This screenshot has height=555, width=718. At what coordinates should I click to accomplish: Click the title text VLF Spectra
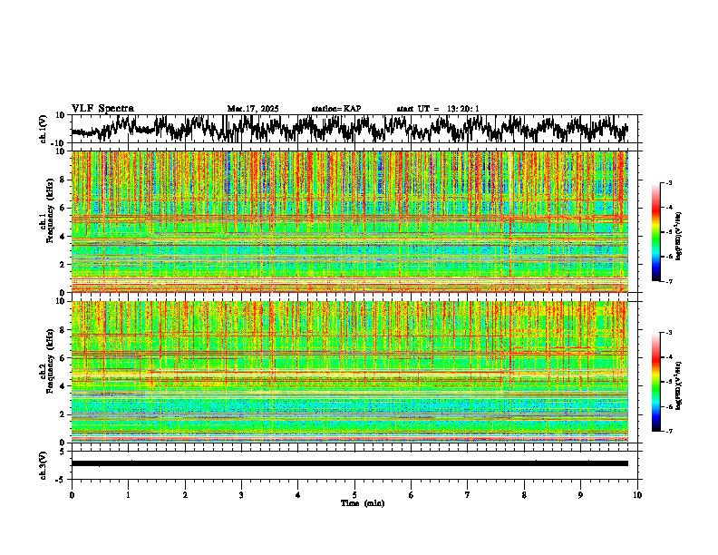click(102, 108)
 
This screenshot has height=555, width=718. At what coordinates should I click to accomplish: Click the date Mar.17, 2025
click(253, 109)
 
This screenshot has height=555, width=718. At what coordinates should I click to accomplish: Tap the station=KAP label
click(336, 109)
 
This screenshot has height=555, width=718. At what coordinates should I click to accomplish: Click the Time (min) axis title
click(362, 502)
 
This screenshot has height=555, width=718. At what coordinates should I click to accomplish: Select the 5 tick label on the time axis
click(354, 495)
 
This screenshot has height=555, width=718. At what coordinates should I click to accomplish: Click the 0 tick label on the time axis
click(72, 495)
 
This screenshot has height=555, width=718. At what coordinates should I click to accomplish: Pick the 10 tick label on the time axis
click(637, 495)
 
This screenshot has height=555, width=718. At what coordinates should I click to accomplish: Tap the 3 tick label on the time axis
click(241, 495)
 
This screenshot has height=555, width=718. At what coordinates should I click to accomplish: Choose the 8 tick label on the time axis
click(524, 495)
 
